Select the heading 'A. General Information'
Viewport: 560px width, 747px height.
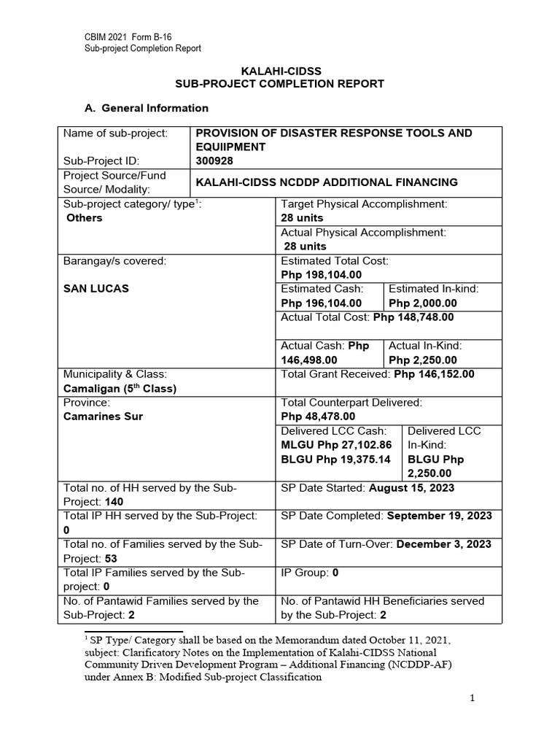147,108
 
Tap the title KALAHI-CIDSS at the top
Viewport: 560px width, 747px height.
281,71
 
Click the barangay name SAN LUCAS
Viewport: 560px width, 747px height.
96,288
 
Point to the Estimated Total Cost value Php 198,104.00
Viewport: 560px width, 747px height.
321,274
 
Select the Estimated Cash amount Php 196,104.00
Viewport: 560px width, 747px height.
321,303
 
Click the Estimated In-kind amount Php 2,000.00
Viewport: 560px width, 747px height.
423,303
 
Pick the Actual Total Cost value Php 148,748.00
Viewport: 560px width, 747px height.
413,317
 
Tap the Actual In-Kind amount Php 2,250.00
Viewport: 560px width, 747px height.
423,360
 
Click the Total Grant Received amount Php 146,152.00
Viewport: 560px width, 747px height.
434,374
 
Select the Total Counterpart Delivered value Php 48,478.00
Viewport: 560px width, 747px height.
318,417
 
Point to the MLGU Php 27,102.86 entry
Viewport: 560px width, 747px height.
336,445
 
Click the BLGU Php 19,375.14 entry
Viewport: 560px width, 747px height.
335,459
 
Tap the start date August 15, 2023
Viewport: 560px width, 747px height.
412,487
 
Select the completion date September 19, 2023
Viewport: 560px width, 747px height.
439,516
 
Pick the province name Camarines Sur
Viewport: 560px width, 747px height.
104,417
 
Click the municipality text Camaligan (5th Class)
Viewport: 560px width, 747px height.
120,388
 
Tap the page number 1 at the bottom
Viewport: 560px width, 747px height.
472,698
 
